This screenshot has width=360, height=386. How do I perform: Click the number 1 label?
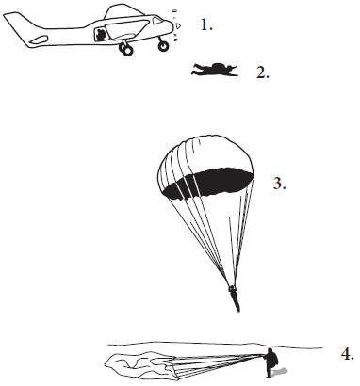[x=206, y=24]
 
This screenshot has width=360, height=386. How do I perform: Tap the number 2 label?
[x=263, y=72]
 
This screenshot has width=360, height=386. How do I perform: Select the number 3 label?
[x=279, y=184]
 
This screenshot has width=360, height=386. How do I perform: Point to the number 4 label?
[x=348, y=354]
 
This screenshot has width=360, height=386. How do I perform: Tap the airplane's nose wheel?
[x=163, y=46]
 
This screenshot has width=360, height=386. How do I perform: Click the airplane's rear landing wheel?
[x=125, y=50]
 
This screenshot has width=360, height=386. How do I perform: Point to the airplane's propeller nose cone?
[x=178, y=25]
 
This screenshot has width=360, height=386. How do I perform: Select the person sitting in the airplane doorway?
[x=101, y=35]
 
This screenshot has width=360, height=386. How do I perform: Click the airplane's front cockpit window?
[x=157, y=20]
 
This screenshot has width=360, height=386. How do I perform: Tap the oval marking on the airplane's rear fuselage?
[x=39, y=40]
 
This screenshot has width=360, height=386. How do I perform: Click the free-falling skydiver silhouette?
[x=215, y=70]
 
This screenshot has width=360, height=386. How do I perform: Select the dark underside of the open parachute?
[x=209, y=184]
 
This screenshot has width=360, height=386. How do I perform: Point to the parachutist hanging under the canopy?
[x=235, y=298]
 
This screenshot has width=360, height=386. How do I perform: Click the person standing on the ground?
[x=271, y=362]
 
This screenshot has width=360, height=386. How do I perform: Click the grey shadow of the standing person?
[x=280, y=373]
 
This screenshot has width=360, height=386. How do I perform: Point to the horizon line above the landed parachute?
[x=215, y=345]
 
